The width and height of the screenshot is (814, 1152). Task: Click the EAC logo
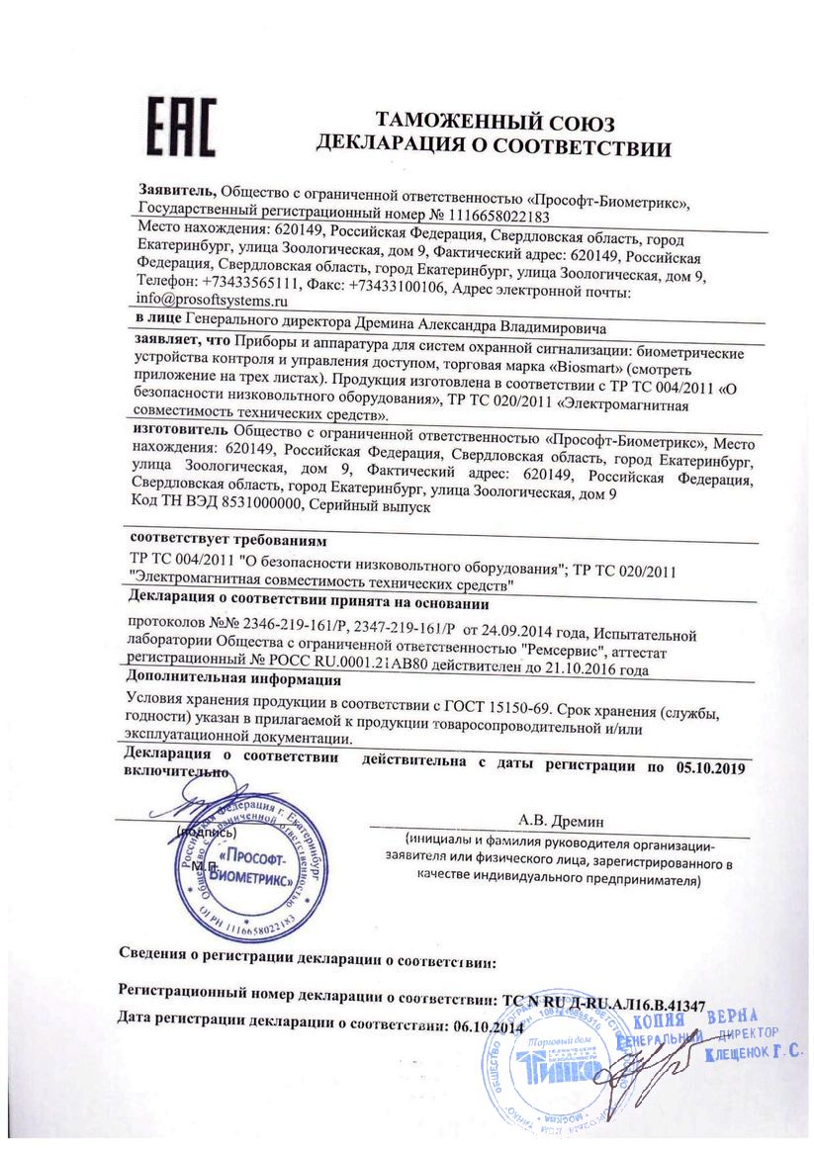(x=181, y=127)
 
